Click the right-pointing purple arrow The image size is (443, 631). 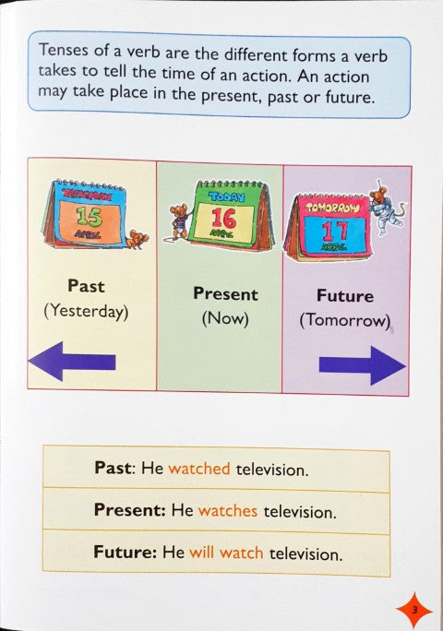[x=363, y=365]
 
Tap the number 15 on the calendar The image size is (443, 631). [x=90, y=218]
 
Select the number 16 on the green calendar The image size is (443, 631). [x=224, y=219]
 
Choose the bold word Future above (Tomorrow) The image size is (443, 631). [x=345, y=296]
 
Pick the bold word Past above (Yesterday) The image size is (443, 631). [x=85, y=286]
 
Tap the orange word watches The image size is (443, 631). [x=228, y=510]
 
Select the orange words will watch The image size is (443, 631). [x=226, y=554]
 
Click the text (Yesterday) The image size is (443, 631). [x=85, y=312]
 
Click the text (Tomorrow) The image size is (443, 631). [x=345, y=322]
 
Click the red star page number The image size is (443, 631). [x=414, y=609]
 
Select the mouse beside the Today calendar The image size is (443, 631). [x=178, y=221]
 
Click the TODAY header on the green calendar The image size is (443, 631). [x=225, y=196]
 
